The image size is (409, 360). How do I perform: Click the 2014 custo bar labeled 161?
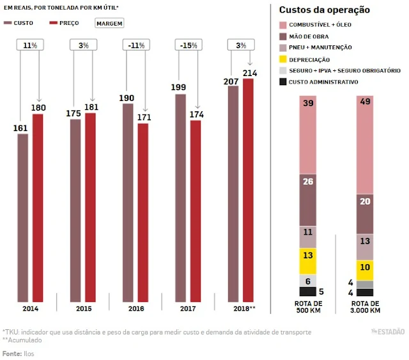coord(23,217)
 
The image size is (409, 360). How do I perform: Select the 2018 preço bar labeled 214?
coord(248,192)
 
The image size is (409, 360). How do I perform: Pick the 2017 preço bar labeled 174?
coord(196,211)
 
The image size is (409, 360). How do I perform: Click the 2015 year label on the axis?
coord(82,308)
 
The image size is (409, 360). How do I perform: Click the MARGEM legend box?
coord(109,22)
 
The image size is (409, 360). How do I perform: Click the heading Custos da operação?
coord(325,10)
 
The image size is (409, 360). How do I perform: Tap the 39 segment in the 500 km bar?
coord(308,134)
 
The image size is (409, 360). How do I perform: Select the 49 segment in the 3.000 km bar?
coord(364,145)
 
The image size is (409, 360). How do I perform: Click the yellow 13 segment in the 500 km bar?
coord(308,261)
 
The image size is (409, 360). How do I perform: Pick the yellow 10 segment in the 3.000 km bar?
coord(364,270)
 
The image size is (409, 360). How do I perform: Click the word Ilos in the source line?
coord(27,354)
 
